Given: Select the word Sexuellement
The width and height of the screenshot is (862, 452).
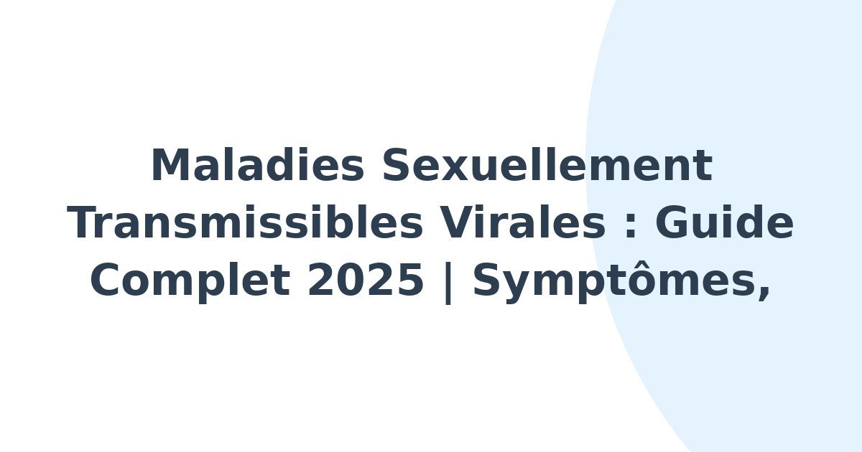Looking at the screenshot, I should point(547,166).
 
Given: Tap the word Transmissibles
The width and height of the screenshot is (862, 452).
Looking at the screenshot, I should point(245,224).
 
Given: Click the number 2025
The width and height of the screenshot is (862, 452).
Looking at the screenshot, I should point(366,281).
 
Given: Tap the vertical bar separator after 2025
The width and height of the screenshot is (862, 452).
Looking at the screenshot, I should point(448,283).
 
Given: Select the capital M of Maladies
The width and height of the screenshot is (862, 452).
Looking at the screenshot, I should point(169,166).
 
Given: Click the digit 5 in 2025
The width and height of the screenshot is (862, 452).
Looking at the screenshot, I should point(409,281).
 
